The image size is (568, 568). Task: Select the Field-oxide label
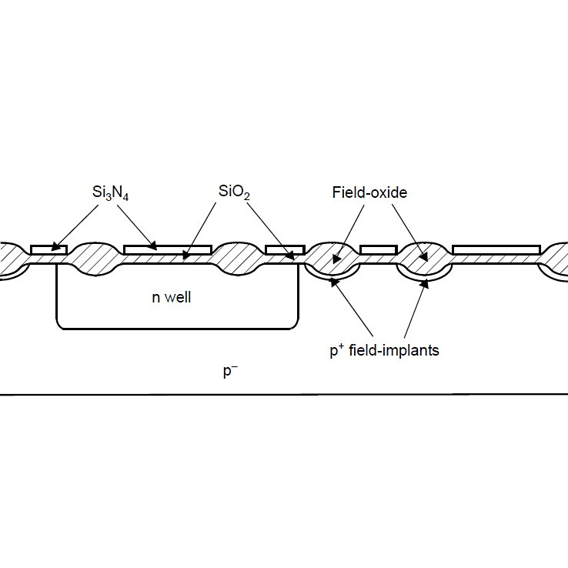pos(369,193)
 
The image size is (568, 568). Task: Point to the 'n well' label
pos(171,297)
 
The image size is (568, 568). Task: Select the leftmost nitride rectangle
pos(48,249)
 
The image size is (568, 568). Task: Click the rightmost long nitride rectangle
pos(496,249)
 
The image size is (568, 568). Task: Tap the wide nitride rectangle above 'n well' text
pos(167,249)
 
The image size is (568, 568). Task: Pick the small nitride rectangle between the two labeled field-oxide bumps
pos(378,249)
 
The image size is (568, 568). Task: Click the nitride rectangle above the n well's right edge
pos(285,249)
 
